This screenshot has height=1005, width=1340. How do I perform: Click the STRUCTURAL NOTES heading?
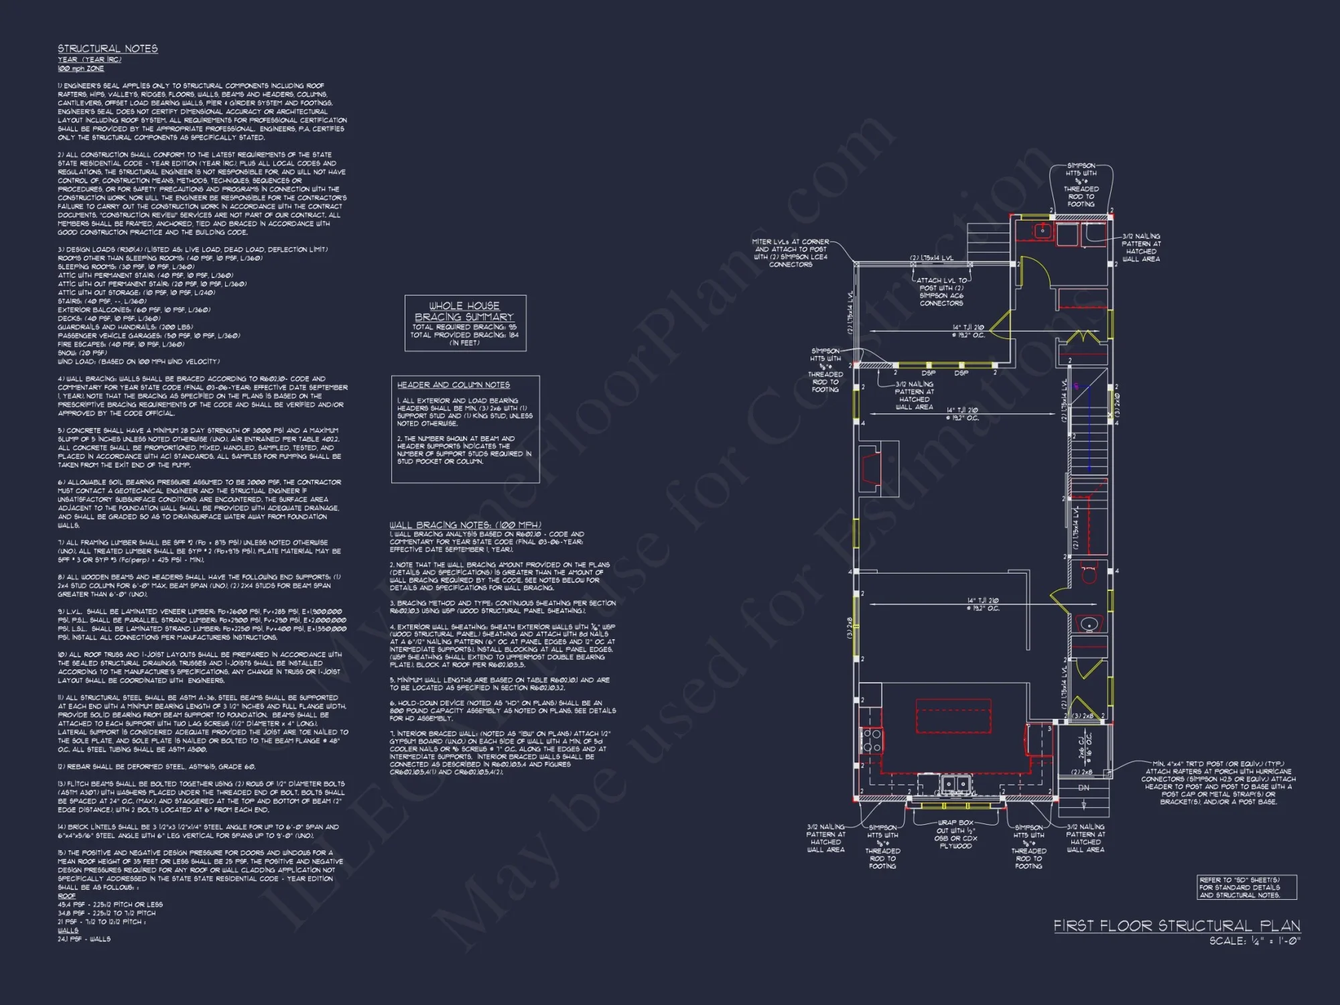(x=107, y=49)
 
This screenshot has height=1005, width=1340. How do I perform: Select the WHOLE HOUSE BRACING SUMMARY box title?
(x=464, y=312)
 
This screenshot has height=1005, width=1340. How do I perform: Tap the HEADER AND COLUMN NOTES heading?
(x=453, y=385)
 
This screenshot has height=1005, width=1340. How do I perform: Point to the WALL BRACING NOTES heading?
(x=465, y=525)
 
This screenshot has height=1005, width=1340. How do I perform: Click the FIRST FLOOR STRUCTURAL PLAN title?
(x=1176, y=926)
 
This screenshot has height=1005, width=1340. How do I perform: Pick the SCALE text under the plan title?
(x=1254, y=941)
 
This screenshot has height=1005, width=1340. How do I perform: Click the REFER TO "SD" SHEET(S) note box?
(x=1246, y=887)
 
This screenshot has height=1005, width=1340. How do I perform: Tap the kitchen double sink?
(x=955, y=783)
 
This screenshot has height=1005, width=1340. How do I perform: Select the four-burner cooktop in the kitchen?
(x=871, y=741)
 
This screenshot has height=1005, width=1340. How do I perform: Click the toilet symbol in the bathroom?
(x=1089, y=574)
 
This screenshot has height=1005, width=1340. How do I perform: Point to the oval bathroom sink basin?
(x=1089, y=624)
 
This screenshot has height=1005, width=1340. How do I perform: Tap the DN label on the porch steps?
(x=1084, y=788)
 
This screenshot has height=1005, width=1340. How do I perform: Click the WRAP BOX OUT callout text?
(x=956, y=834)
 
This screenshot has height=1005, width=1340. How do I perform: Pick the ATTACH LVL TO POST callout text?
(x=941, y=292)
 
